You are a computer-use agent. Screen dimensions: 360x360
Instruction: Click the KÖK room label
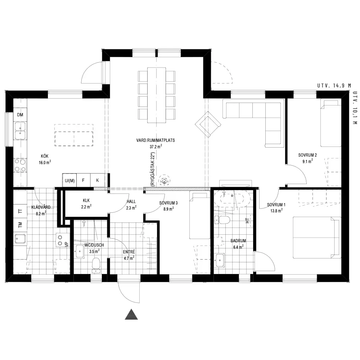(45, 156)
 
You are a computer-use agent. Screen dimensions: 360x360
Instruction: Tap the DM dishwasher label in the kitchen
(20, 115)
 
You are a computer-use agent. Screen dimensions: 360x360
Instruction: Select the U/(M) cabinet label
(69, 181)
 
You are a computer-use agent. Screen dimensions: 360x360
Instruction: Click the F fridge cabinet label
(84, 180)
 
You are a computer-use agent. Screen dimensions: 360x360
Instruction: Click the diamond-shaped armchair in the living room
(208, 125)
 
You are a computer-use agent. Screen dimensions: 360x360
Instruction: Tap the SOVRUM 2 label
(307, 155)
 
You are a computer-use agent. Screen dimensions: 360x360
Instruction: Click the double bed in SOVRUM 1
(317, 237)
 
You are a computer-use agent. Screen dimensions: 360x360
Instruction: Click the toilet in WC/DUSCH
(96, 265)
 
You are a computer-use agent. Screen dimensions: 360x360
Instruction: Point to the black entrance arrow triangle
(131, 314)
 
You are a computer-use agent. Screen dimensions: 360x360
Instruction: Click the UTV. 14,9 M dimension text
(334, 86)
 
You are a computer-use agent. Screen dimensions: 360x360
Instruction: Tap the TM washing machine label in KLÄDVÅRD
(20, 225)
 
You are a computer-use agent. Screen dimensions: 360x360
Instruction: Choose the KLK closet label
(86, 201)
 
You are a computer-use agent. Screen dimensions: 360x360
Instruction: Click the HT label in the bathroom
(247, 221)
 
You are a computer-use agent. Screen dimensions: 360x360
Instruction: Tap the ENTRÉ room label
(129, 252)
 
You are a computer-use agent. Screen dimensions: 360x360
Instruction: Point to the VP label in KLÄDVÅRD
(67, 244)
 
